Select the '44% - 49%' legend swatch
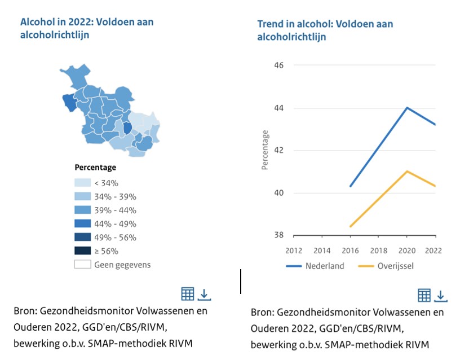[x=82, y=224]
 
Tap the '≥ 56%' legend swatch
[x=82, y=251]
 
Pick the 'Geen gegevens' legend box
[x=82, y=265]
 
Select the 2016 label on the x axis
[x=350, y=250]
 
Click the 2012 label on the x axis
[x=293, y=250]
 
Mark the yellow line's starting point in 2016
[x=351, y=226]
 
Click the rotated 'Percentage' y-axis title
[x=265, y=150]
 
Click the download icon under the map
[x=204, y=294]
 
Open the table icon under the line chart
[x=424, y=295]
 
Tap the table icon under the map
[x=188, y=294]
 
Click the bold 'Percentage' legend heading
[x=95, y=168]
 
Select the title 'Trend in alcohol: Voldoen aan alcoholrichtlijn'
[x=325, y=30]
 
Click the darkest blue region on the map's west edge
[x=69, y=102]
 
